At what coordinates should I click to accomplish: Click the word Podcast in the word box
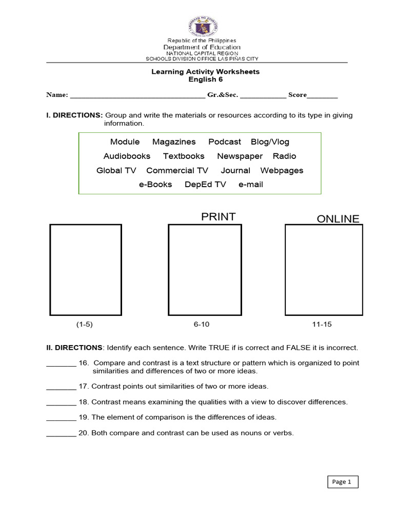click(x=224, y=142)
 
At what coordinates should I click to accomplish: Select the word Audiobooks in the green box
click(x=127, y=156)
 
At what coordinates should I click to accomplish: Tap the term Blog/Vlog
click(x=270, y=142)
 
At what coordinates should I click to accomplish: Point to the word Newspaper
click(x=240, y=156)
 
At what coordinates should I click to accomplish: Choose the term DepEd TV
click(x=205, y=185)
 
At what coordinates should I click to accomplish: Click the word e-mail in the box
click(x=251, y=185)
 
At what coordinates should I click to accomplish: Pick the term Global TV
click(x=116, y=171)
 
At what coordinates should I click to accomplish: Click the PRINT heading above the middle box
click(x=218, y=217)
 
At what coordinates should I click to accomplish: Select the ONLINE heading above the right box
click(x=338, y=219)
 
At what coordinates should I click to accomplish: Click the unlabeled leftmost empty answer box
click(x=85, y=270)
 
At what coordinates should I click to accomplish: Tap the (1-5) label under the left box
click(x=85, y=325)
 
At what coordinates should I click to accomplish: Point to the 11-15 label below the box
click(x=322, y=325)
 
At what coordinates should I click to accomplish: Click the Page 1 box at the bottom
click(x=342, y=482)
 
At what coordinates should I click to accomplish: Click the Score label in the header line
click(x=297, y=95)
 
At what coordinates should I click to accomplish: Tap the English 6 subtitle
click(x=205, y=79)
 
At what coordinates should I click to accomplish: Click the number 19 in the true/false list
click(x=84, y=417)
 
